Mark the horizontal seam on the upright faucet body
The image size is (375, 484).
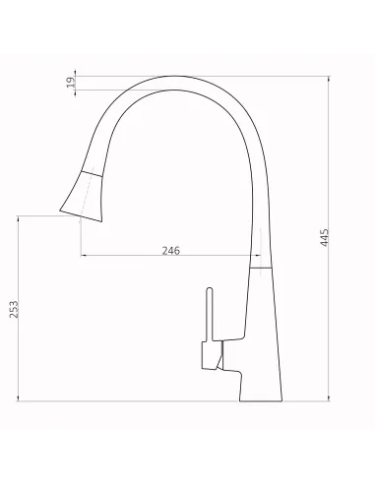coord(258,267)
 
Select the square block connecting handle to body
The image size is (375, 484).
coord(211,358)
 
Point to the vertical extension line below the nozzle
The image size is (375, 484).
coord(78,236)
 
